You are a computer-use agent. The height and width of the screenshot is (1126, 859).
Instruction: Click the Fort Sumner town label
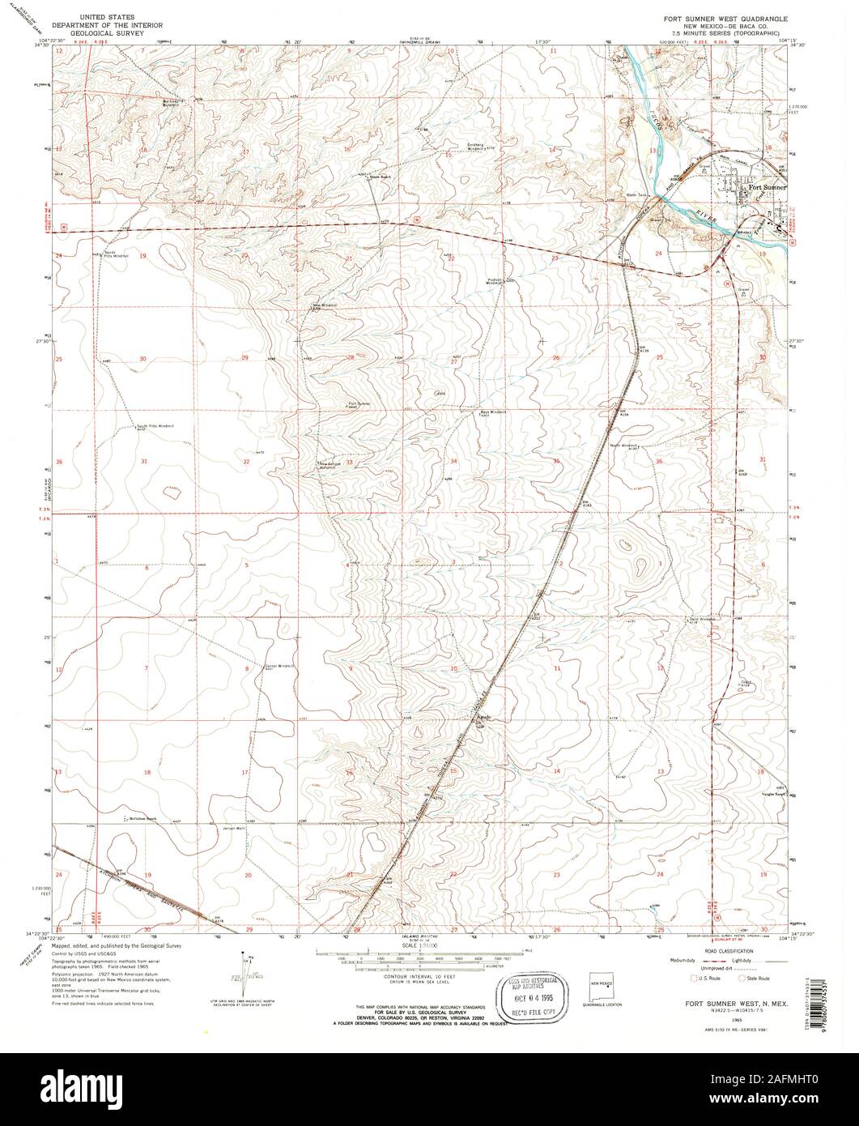766,188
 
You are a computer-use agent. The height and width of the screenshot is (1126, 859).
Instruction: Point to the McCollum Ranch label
141,819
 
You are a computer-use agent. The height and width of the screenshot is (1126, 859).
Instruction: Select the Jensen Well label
234,828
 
